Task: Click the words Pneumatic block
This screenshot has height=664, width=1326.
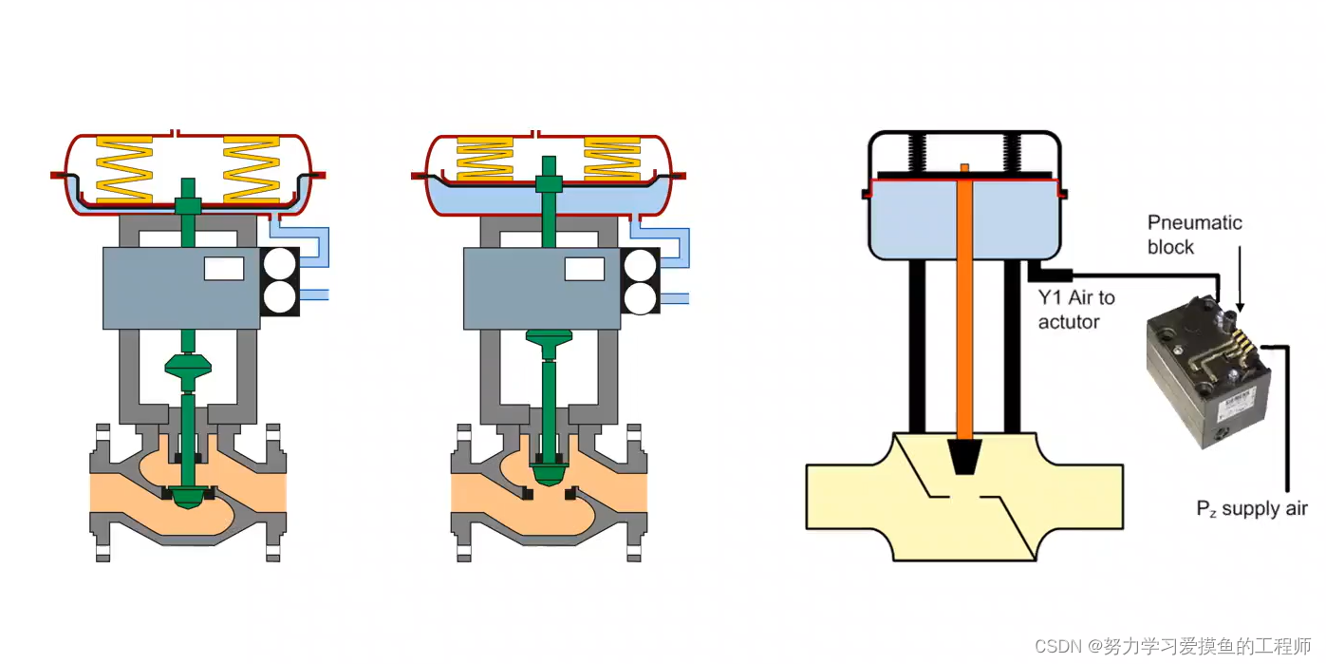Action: click(x=1194, y=235)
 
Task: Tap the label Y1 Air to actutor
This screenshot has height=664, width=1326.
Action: click(x=1076, y=309)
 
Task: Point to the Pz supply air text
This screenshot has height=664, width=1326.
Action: click(x=1251, y=508)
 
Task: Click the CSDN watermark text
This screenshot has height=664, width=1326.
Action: click(x=1172, y=645)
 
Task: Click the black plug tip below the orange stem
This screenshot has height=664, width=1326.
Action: click(x=964, y=457)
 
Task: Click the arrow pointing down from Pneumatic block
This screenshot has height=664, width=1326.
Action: click(x=1240, y=278)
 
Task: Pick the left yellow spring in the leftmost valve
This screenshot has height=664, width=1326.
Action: click(x=124, y=170)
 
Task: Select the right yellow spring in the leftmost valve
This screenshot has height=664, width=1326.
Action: click(x=251, y=170)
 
